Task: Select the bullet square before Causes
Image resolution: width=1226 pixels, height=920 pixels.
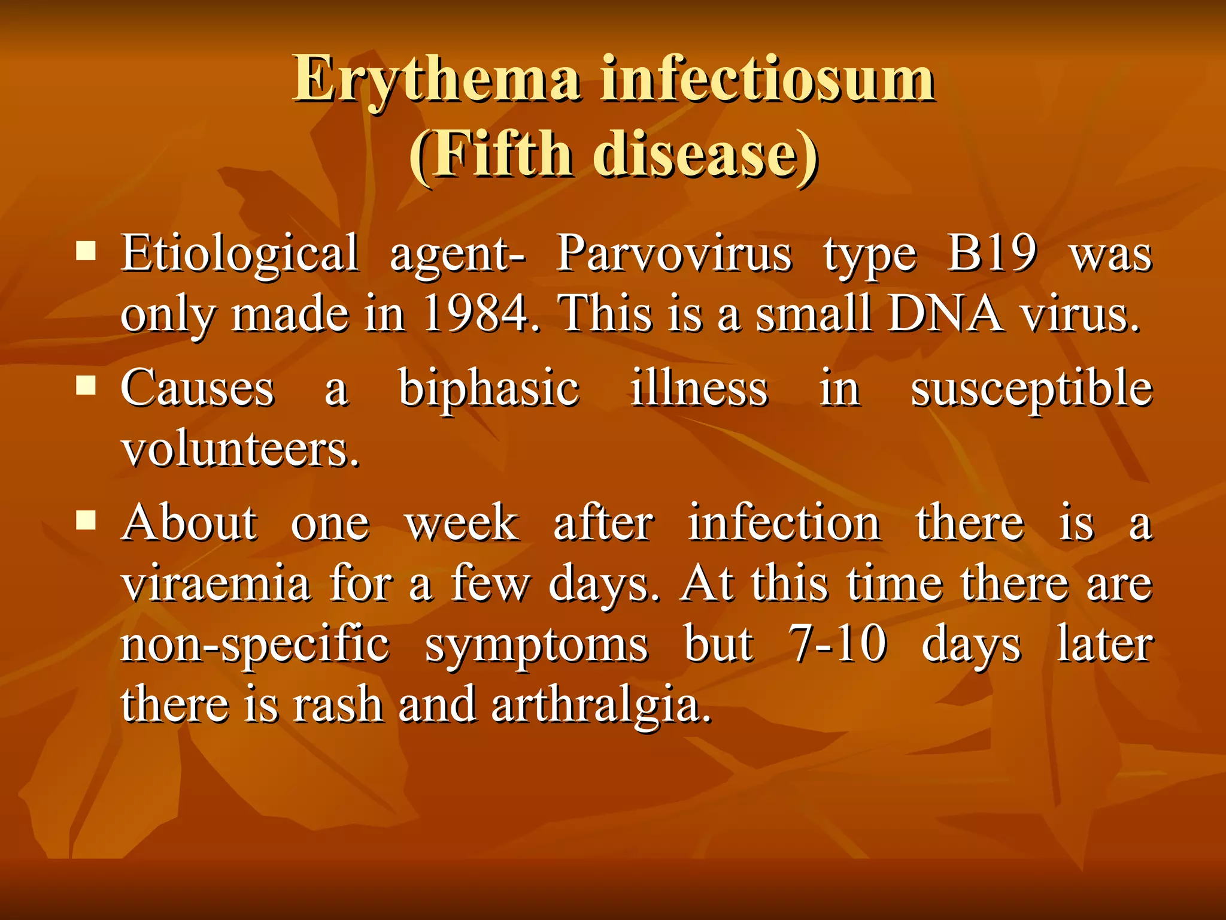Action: point(86,386)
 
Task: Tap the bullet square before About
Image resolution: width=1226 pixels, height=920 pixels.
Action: point(86,520)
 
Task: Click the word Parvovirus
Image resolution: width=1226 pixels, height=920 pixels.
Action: point(674,254)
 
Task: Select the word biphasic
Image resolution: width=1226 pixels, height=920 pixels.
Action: point(488,389)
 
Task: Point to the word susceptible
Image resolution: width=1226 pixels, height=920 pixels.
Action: point(1031,389)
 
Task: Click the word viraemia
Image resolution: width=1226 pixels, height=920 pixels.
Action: point(216,583)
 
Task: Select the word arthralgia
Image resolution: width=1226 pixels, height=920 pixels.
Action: point(601,706)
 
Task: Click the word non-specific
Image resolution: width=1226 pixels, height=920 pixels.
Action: point(255,646)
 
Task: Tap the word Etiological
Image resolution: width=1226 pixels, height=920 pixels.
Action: point(239,254)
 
